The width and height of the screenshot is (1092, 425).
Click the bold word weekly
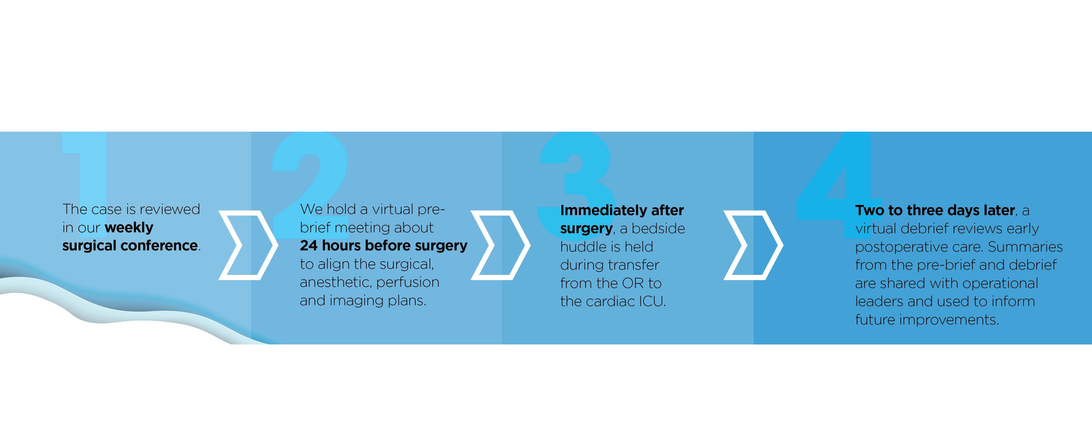[129, 228]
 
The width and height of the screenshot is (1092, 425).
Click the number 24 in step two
[309, 245]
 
